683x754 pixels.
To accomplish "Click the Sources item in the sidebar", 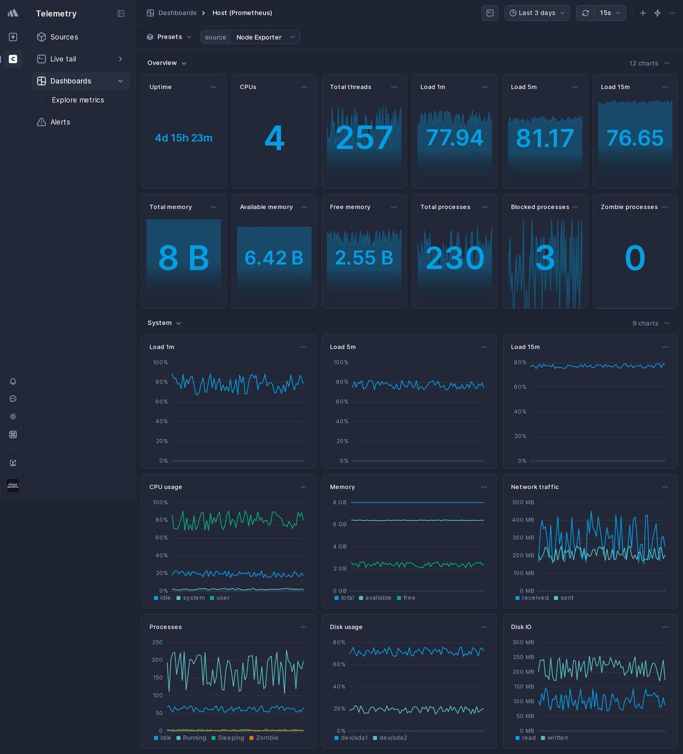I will (64, 37).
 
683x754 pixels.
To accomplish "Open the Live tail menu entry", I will (63, 59).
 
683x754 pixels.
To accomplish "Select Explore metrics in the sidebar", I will (78, 100).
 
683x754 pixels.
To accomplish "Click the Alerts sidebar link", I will (60, 122).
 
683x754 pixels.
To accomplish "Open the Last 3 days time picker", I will (537, 13).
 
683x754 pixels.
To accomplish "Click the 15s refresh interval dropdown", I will (610, 13).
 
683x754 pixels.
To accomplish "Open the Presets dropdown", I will (169, 37).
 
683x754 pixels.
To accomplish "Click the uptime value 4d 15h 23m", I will (184, 138).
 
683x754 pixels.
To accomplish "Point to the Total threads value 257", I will (364, 138).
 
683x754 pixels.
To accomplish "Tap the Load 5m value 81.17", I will (545, 138).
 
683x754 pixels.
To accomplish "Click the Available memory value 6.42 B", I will (274, 258).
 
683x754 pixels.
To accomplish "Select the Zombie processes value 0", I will (634, 258).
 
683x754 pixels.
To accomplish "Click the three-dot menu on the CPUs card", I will (304, 87).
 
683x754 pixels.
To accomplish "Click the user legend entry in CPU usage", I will (223, 598).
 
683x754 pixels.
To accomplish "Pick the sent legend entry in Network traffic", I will (566, 598).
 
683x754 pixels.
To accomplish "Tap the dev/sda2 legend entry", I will (393, 738).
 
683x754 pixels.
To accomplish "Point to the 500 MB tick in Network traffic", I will (523, 502).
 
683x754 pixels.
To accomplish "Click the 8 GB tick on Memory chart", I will (339, 502).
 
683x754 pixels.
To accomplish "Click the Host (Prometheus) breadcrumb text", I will (242, 13).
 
